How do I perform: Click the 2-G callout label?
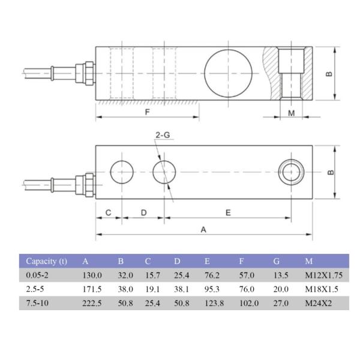click(163, 136)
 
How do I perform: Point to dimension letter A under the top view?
click(203, 229)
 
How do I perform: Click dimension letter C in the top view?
click(109, 212)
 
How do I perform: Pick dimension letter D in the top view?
click(144, 212)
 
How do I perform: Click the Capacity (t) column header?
click(46, 261)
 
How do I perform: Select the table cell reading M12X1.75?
click(325, 275)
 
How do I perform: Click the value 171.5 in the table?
click(92, 289)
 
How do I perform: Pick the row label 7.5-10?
click(37, 304)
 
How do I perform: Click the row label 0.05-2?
click(37, 275)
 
